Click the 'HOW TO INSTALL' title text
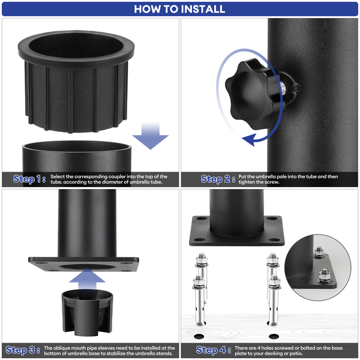click(x=179, y=9)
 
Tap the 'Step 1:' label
click(x=29, y=179)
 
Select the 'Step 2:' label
click(x=218, y=179)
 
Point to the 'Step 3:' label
click(x=23, y=350)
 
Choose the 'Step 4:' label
click(x=214, y=350)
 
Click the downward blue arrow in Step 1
click(x=151, y=136)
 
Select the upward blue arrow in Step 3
click(x=87, y=280)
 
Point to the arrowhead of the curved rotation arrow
click(x=250, y=139)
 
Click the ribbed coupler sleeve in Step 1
click(x=76, y=82)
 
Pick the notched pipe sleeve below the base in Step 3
click(x=87, y=311)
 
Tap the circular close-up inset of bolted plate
click(x=318, y=267)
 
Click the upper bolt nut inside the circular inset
click(x=319, y=253)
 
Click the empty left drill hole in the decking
click(x=199, y=337)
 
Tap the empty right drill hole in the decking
click(x=274, y=337)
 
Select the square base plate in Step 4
click(x=236, y=231)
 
